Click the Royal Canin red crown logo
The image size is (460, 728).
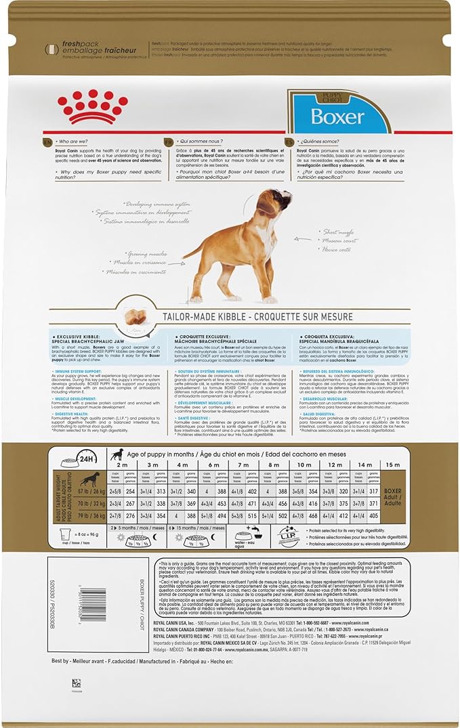(x=93, y=106)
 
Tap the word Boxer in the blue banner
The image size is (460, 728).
(x=337, y=116)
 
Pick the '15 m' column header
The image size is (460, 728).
(x=392, y=465)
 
